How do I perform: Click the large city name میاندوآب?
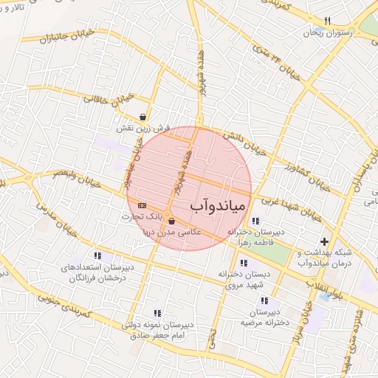tap(221, 205)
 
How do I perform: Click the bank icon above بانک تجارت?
tap(142, 206)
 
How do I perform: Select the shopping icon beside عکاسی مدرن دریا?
tap(171, 221)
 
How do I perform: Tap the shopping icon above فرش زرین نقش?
tap(142, 117)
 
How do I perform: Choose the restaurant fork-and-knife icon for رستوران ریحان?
tap(328, 21)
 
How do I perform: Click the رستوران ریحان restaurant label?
tap(329, 32)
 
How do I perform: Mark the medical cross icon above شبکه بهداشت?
tap(324, 241)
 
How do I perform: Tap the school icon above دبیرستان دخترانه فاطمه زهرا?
tap(255, 221)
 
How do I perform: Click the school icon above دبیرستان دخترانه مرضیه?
tap(264, 301)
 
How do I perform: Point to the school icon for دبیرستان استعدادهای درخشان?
tap(97, 256)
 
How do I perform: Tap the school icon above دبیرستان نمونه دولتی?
tap(157, 313)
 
